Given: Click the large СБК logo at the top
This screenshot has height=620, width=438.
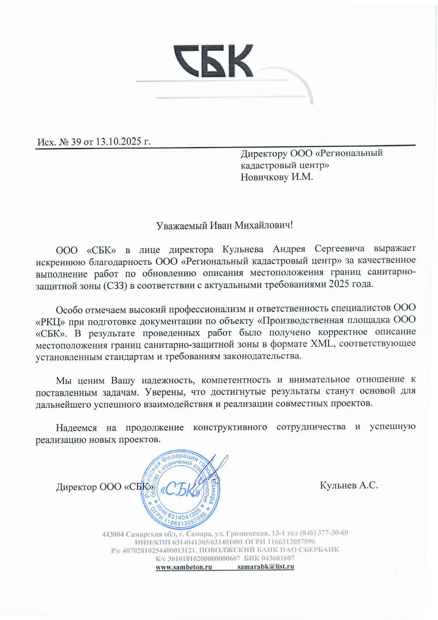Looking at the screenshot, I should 213,61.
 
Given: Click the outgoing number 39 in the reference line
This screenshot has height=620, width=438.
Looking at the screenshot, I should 76,142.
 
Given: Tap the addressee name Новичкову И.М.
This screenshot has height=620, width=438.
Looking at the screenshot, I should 277,177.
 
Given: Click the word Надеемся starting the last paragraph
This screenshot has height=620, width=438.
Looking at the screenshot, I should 76,428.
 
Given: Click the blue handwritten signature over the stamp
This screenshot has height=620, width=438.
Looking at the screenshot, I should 213,470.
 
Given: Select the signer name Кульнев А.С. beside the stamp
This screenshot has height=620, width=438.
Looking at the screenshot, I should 349,485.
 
